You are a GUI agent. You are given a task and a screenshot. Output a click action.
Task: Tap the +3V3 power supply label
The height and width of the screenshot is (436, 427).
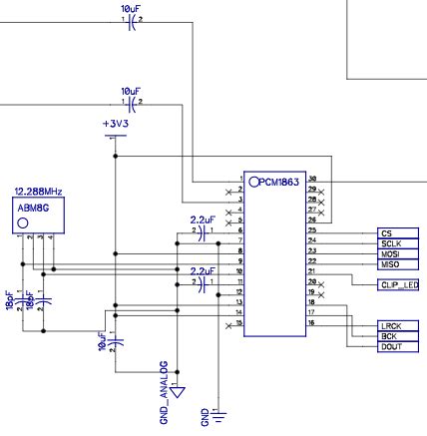pyautogui.click(x=117, y=124)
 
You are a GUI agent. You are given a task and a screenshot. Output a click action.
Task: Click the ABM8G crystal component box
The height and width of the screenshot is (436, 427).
pyautogui.click(x=35, y=216)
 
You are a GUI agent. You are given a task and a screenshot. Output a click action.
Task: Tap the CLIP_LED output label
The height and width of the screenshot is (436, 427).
pyautogui.click(x=397, y=284)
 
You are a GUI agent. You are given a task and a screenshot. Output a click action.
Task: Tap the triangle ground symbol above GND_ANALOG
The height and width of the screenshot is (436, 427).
pyautogui.click(x=176, y=392)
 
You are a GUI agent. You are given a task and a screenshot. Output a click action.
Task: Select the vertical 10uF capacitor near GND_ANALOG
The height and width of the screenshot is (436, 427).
pyautogui.click(x=116, y=341)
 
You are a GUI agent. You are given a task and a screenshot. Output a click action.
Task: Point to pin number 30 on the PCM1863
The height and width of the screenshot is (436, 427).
pyautogui.click(x=311, y=179)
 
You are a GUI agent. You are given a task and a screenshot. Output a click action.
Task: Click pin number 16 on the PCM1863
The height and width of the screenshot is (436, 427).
pyautogui.click(x=311, y=323)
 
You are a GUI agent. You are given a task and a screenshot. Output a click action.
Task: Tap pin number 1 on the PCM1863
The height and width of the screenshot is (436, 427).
pyautogui.click(x=240, y=180)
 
